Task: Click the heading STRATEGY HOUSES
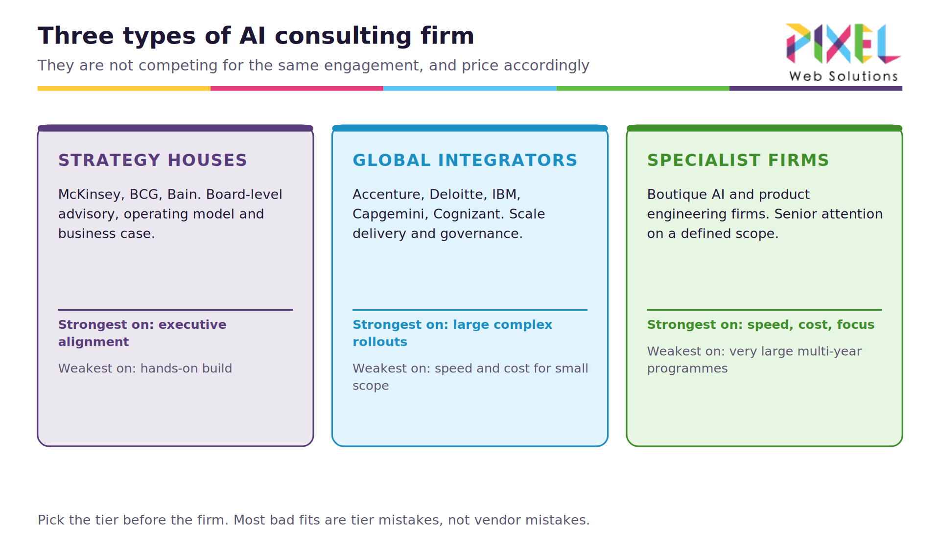153,160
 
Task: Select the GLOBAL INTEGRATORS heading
465,160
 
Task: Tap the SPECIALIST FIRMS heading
738,160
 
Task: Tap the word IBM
506,195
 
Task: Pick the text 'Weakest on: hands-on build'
145,368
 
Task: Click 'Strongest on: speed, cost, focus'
761,325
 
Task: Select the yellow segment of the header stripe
124,89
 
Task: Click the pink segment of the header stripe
297,89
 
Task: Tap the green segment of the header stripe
643,89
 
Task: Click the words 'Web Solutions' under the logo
844,76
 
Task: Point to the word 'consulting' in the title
343,36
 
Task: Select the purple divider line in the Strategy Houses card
175,310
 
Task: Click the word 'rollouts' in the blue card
380,342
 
